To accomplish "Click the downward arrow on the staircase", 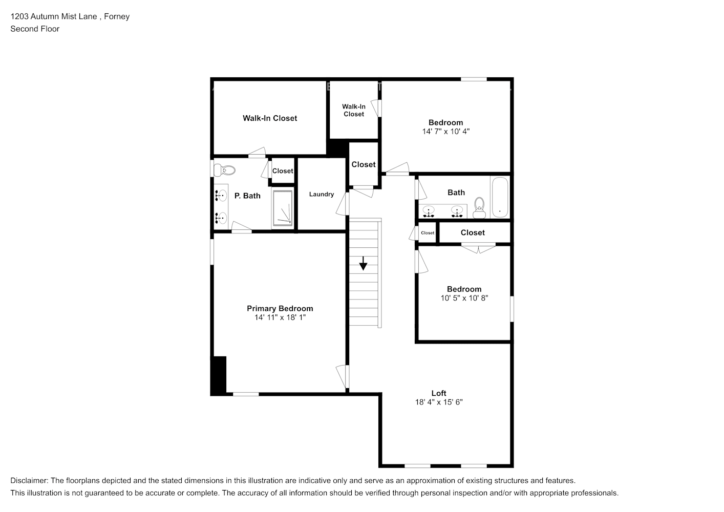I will [x=363, y=264].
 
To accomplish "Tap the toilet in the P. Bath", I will [x=225, y=169].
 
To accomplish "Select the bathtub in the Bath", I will [x=499, y=198].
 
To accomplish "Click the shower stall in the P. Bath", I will [x=283, y=208].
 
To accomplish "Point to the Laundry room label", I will [x=321, y=194].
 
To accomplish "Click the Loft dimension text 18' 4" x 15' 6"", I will [x=439, y=402].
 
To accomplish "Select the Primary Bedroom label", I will [x=280, y=308].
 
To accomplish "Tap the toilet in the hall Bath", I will [x=479, y=204].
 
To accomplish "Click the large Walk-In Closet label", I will [x=270, y=118].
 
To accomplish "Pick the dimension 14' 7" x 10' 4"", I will [x=445, y=132].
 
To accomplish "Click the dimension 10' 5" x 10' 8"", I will [x=464, y=297].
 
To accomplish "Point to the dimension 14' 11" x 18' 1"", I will [x=280, y=317].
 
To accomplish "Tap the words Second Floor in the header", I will [x=35, y=29].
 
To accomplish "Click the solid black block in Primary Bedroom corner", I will [x=219, y=375].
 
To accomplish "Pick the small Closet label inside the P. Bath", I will [x=283, y=171].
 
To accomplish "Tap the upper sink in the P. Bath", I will [x=221, y=195].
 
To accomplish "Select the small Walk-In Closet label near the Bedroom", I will [x=354, y=111].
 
